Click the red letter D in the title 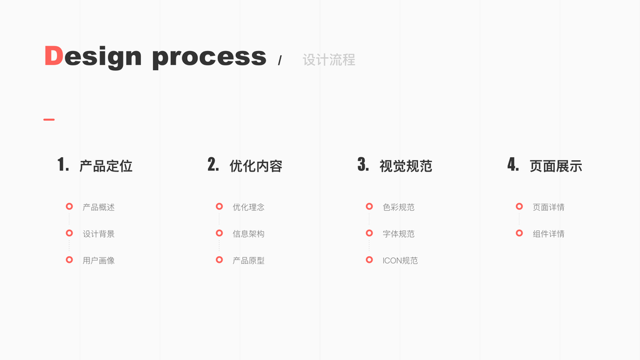[x=53, y=56]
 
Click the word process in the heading [x=209, y=57]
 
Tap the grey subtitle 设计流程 [x=329, y=60]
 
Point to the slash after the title [x=280, y=61]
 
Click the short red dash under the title [x=49, y=119]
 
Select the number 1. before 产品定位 [x=63, y=165]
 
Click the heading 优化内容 [x=256, y=166]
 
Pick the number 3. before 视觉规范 [x=363, y=165]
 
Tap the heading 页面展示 [x=555, y=166]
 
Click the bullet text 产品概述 [x=98, y=207]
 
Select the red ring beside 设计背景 [x=69, y=233]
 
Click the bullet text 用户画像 [x=98, y=260]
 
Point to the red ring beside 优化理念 [x=219, y=206]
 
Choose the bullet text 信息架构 [x=248, y=234]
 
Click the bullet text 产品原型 [x=248, y=260]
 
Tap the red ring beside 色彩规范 [x=369, y=206]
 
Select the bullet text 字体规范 [x=398, y=234]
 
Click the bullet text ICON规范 [x=400, y=260]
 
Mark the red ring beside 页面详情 [x=519, y=206]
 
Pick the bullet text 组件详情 [x=548, y=234]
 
